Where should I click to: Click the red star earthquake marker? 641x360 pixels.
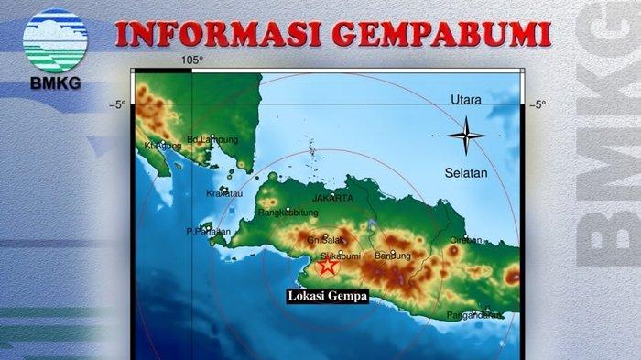[326, 266]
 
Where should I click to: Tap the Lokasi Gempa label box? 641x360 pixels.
[327, 296]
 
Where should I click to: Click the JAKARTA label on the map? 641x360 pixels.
[332, 198]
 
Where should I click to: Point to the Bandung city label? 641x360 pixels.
[393, 256]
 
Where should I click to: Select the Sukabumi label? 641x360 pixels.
[342, 256]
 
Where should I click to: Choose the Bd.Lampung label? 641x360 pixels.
[212, 139]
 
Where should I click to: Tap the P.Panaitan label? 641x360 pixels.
[207, 232]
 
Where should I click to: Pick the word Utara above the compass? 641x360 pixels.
[466, 99]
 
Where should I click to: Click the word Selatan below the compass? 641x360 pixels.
[467, 172]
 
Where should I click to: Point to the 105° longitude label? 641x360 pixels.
[191, 60]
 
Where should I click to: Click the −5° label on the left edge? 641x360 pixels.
[118, 104]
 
